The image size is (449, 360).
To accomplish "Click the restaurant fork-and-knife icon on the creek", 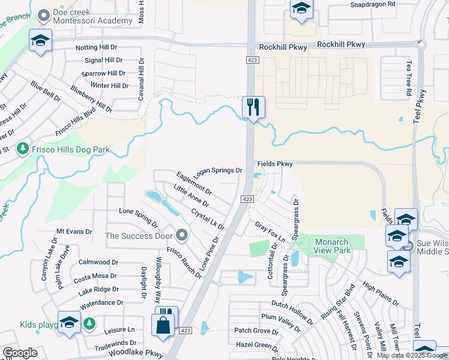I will coord(253,107).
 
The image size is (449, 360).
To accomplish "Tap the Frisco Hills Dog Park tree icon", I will coord(23,148).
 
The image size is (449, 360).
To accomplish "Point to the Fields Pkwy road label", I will coord(275,163).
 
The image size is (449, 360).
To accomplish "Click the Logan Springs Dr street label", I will coord(217,170).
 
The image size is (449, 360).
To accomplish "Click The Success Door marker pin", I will coord(182,235).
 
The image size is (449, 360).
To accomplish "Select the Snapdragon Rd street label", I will coord(373,4).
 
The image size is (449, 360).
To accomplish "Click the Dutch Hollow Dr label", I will coord(292,308).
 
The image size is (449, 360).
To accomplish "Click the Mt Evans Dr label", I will coord(74,231).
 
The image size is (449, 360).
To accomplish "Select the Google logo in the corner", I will coord(20,353).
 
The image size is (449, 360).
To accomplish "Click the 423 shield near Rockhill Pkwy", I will coord(252,59).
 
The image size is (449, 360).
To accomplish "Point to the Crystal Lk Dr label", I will coord(208,219).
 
